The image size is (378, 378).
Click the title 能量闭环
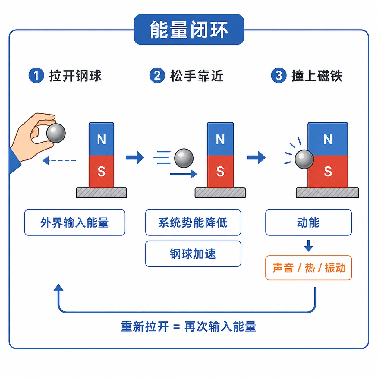pos(189,30)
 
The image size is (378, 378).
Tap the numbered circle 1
pos(36,75)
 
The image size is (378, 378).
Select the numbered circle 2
pos(157,75)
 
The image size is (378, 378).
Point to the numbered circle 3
pos(279,75)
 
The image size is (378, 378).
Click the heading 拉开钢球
pos(75,76)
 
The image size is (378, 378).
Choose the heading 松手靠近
pos(197,76)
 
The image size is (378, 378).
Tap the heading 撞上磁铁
pos(317,76)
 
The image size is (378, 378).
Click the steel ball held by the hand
pos(56,133)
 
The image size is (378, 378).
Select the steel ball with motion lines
pos(184,158)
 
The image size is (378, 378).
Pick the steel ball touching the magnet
pos(304,159)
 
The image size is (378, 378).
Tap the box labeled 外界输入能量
pos(75,222)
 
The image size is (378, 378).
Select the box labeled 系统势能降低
pos(193,222)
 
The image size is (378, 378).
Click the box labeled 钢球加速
pos(193,254)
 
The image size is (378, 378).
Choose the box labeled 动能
pos(308,222)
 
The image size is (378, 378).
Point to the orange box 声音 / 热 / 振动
pos(308,268)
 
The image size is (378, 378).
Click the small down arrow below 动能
pos(308,246)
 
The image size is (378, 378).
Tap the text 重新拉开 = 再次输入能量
pos(188,326)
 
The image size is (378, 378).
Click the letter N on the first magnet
pos(101,139)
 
